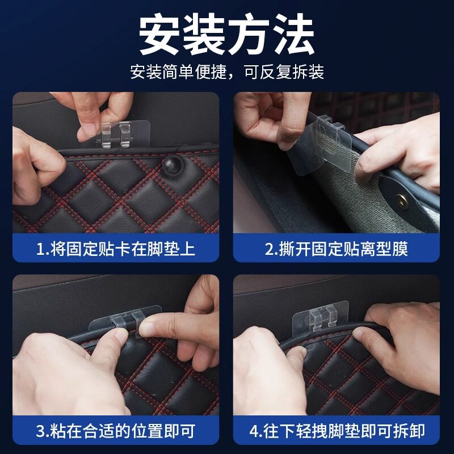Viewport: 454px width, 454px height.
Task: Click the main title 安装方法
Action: (x=226, y=34)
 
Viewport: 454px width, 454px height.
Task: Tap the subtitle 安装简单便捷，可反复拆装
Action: (x=227, y=72)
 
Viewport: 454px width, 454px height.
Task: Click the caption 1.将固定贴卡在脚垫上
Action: (x=116, y=249)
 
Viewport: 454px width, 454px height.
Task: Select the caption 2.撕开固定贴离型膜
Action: (x=336, y=249)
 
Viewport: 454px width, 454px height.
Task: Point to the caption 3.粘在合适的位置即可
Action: (x=116, y=431)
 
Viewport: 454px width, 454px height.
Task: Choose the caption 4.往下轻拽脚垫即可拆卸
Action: (x=337, y=431)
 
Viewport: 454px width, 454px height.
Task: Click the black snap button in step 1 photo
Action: (x=173, y=164)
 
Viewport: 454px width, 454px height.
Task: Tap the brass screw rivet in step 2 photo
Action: (x=402, y=201)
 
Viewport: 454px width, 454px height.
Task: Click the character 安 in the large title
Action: (x=160, y=34)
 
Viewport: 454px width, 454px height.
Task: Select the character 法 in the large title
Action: (x=293, y=34)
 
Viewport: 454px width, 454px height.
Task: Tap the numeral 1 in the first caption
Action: (x=40, y=249)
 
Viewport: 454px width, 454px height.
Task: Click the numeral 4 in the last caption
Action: (x=254, y=431)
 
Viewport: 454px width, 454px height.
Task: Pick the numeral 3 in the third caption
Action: (x=40, y=431)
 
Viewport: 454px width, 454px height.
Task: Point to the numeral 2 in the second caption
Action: (x=269, y=249)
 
